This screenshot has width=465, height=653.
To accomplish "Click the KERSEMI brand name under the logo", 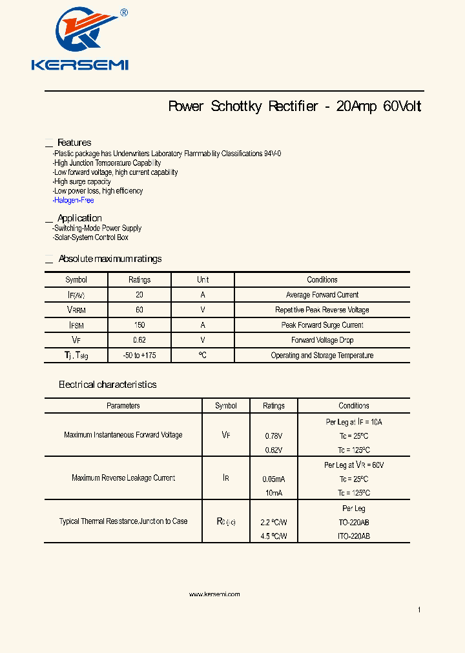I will pyautogui.click(x=80, y=65).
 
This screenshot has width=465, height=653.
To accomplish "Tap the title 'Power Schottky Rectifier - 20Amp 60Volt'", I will pyautogui.click(x=294, y=106).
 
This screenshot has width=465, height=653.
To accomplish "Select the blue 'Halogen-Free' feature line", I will pyautogui.click(x=74, y=201).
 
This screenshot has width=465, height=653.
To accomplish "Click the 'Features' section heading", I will pyautogui.click(x=74, y=143).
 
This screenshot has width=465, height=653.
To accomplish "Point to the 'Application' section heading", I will pyautogui.click(x=79, y=218).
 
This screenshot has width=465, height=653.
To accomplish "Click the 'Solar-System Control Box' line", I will pyautogui.click(x=91, y=237).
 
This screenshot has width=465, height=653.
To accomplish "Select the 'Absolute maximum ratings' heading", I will pyautogui.click(x=110, y=259).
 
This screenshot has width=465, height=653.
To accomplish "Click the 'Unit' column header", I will pyautogui.click(x=203, y=280).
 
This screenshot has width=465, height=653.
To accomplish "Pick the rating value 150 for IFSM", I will pyautogui.click(x=139, y=325).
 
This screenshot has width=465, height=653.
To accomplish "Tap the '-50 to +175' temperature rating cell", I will pyautogui.click(x=139, y=356).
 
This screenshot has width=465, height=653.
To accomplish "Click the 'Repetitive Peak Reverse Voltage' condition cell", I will pyautogui.click(x=322, y=310).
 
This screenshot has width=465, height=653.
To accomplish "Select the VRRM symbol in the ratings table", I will pyautogui.click(x=76, y=310).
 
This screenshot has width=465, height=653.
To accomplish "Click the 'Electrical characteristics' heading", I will pyautogui.click(x=107, y=385).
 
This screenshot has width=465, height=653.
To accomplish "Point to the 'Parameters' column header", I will pyautogui.click(x=123, y=406).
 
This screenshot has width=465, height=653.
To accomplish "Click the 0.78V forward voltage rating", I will pyautogui.click(x=274, y=436).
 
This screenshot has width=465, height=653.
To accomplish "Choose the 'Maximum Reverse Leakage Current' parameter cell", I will pyautogui.click(x=123, y=478).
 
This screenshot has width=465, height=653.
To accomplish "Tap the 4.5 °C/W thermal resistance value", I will pyautogui.click(x=274, y=536).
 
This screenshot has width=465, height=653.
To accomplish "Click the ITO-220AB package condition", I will pyautogui.click(x=354, y=536).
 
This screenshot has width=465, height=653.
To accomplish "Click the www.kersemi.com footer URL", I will pyautogui.click(x=214, y=594).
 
